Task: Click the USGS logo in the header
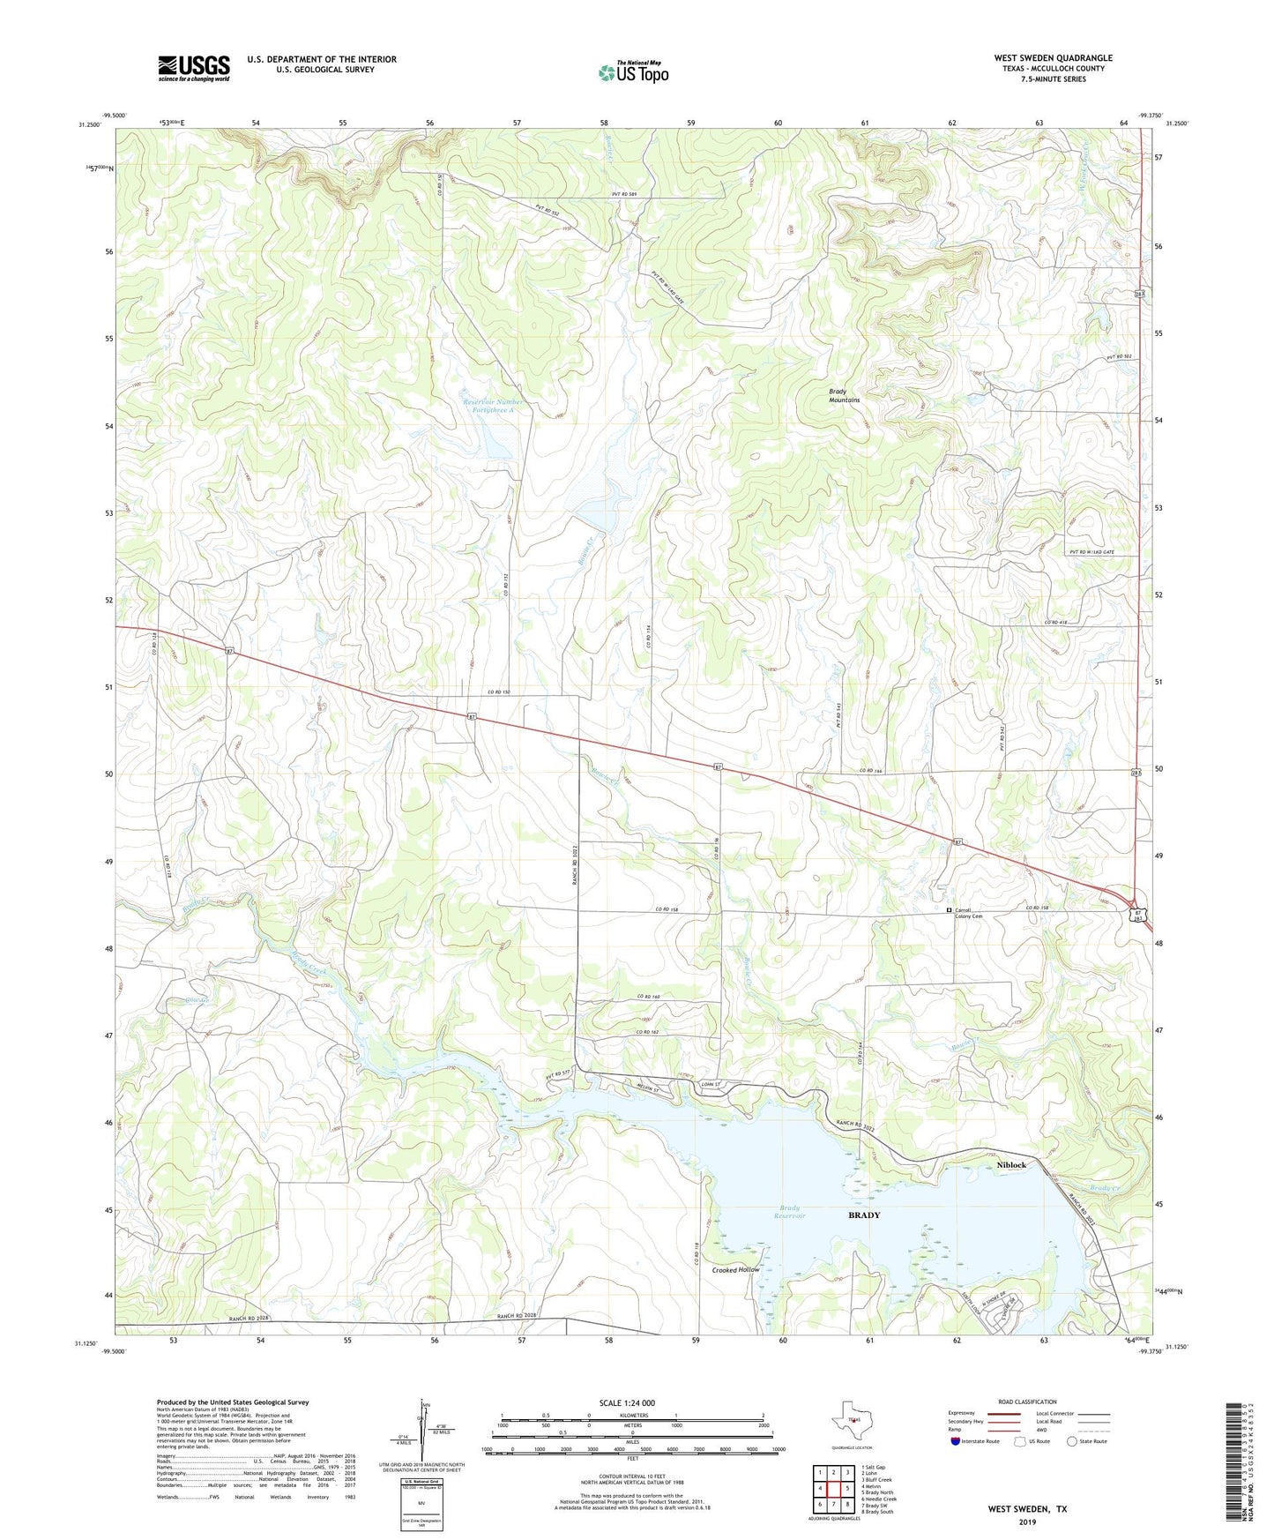pyautogui.click(x=193, y=68)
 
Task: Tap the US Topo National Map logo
pyautogui.click(x=633, y=72)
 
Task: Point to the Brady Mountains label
pyautogui.click(x=844, y=395)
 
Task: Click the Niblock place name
pyautogui.click(x=1011, y=1165)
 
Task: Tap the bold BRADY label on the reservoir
pyautogui.click(x=864, y=1215)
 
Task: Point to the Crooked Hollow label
pyautogui.click(x=736, y=1269)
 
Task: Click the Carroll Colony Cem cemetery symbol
pyautogui.click(x=949, y=910)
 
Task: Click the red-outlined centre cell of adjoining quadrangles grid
pyautogui.click(x=832, y=1489)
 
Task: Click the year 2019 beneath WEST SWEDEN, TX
pyautogui.click(x=1027, y=1522)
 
